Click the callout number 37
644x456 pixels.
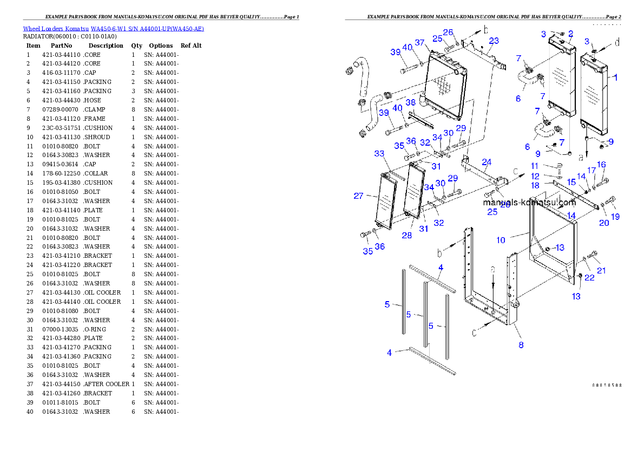(419, 43)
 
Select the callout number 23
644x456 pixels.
(494, 41)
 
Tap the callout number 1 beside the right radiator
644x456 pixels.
(615, 77)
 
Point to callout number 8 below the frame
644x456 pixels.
(521, 344)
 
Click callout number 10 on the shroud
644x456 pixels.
(501, 240)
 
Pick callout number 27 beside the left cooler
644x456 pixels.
(358, 196)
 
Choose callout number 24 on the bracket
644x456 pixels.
(487, 161)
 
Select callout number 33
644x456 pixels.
(379, 154)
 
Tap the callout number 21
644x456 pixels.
(601, 270)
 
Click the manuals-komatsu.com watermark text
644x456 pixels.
(529, 203)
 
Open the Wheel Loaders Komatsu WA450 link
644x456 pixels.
(113, 29)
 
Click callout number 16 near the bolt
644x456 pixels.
(601, 165)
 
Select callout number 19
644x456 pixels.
(615, 217)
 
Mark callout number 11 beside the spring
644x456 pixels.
(535, 166)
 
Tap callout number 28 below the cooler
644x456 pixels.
(406, 235)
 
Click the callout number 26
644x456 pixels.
(448, 32)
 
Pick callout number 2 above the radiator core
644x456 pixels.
(571, 34)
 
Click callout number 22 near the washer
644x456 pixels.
(589, 277)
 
